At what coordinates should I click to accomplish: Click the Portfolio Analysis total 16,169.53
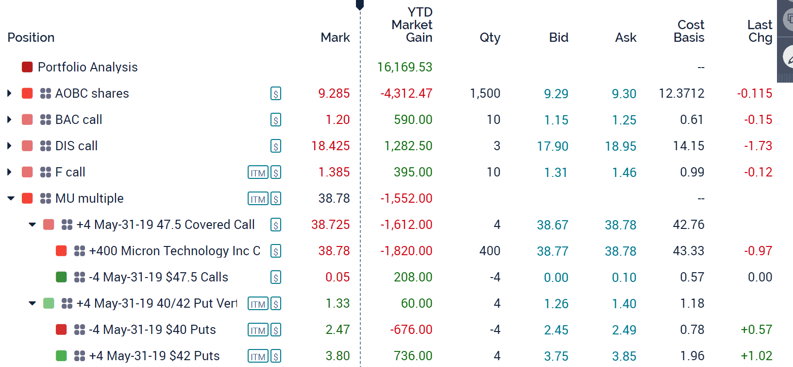click(405, 67)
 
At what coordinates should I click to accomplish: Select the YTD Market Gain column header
click(412, 25)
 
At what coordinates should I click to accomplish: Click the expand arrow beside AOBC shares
click(9, 93)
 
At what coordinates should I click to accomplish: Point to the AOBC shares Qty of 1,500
click(485, 93)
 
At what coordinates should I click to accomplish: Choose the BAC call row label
click(79, 120)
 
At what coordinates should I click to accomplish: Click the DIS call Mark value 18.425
click(330, 146)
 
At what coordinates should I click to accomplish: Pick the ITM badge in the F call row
click(258, 173)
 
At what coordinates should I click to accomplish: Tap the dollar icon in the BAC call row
click(276, 120)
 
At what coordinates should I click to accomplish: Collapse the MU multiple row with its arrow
click(11, 198)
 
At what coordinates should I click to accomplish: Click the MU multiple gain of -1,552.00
click(406, 198)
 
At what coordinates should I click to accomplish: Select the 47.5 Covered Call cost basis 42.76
click(688, 225)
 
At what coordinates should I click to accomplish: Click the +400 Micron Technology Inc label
click(175, 251)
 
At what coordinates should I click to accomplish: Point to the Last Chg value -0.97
click(758, 251)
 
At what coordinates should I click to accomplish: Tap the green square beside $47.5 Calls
click(61, 277)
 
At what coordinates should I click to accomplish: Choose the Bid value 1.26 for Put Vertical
click(556, 304)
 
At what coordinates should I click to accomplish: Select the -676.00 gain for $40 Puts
click(411, 330)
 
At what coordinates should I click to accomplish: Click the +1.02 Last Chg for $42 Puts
click(756, 356)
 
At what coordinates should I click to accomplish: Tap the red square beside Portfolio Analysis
click(27, 67)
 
